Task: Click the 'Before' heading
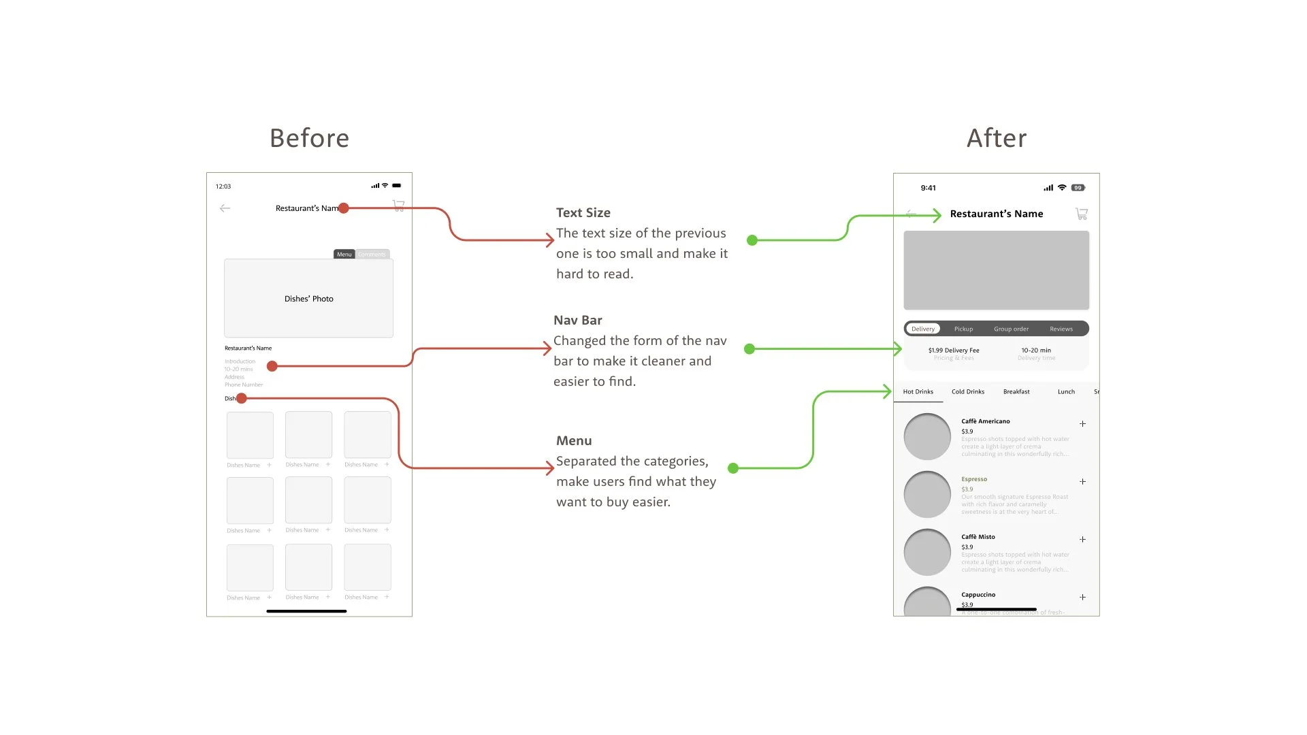(309, 138)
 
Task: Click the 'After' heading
(997, 138)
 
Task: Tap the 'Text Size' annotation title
(583, 212)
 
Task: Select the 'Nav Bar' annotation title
(578, 320)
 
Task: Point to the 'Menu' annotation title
(574, 440)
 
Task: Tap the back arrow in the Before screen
(225, 208)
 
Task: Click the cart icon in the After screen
(1081, 214)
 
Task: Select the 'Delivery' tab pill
(923, 329)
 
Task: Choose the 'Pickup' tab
(963, 329)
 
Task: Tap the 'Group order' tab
(1011, 329)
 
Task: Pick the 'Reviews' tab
(1061, 329)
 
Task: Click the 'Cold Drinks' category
(967, 391)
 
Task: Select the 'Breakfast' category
(1016, 391)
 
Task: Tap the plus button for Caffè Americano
(1082, 423)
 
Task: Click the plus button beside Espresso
(1082, 481)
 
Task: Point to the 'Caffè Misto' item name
(978, 537)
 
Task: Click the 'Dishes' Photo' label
(309, 299)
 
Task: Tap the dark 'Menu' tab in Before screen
(344, 255)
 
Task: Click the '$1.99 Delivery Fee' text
(954, 350)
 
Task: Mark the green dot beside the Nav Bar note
(749, 349)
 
